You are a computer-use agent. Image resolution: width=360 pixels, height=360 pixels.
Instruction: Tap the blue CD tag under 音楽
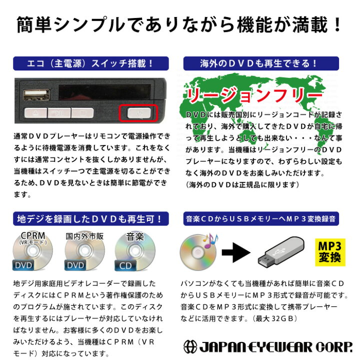(x=126, y=265)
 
